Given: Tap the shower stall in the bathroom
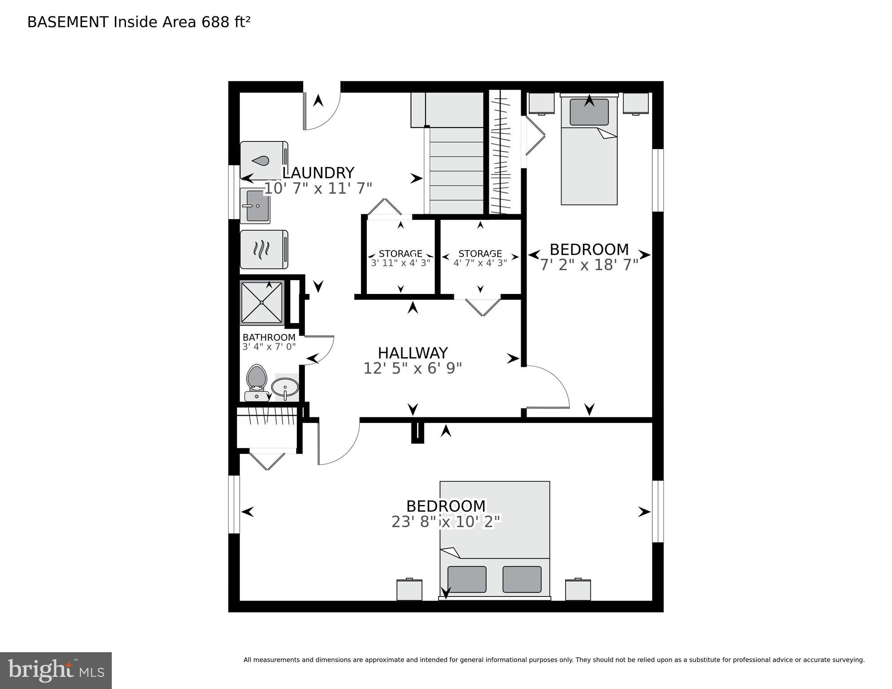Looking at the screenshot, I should (262, 302).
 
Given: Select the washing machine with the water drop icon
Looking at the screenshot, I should (264, 160).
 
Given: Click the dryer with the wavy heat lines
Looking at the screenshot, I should (264, 250).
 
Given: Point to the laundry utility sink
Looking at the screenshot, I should (255, 206).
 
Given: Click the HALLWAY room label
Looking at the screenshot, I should (413, 353).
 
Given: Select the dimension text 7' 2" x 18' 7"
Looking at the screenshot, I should (589, 265).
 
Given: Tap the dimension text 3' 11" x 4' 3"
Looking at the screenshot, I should (400, 263).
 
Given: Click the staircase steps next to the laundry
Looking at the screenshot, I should (456, 171).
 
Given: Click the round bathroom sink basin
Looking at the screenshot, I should (285, 386).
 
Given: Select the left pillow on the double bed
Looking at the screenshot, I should (467, 579).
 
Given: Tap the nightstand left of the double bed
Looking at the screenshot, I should (409, 590).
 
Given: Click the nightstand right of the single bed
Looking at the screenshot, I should (635, 103).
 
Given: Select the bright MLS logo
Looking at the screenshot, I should (56, 671).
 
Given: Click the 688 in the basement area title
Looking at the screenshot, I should (215, 22).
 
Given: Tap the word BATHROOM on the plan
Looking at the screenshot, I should (269, 338).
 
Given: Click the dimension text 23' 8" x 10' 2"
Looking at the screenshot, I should (446, 522).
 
